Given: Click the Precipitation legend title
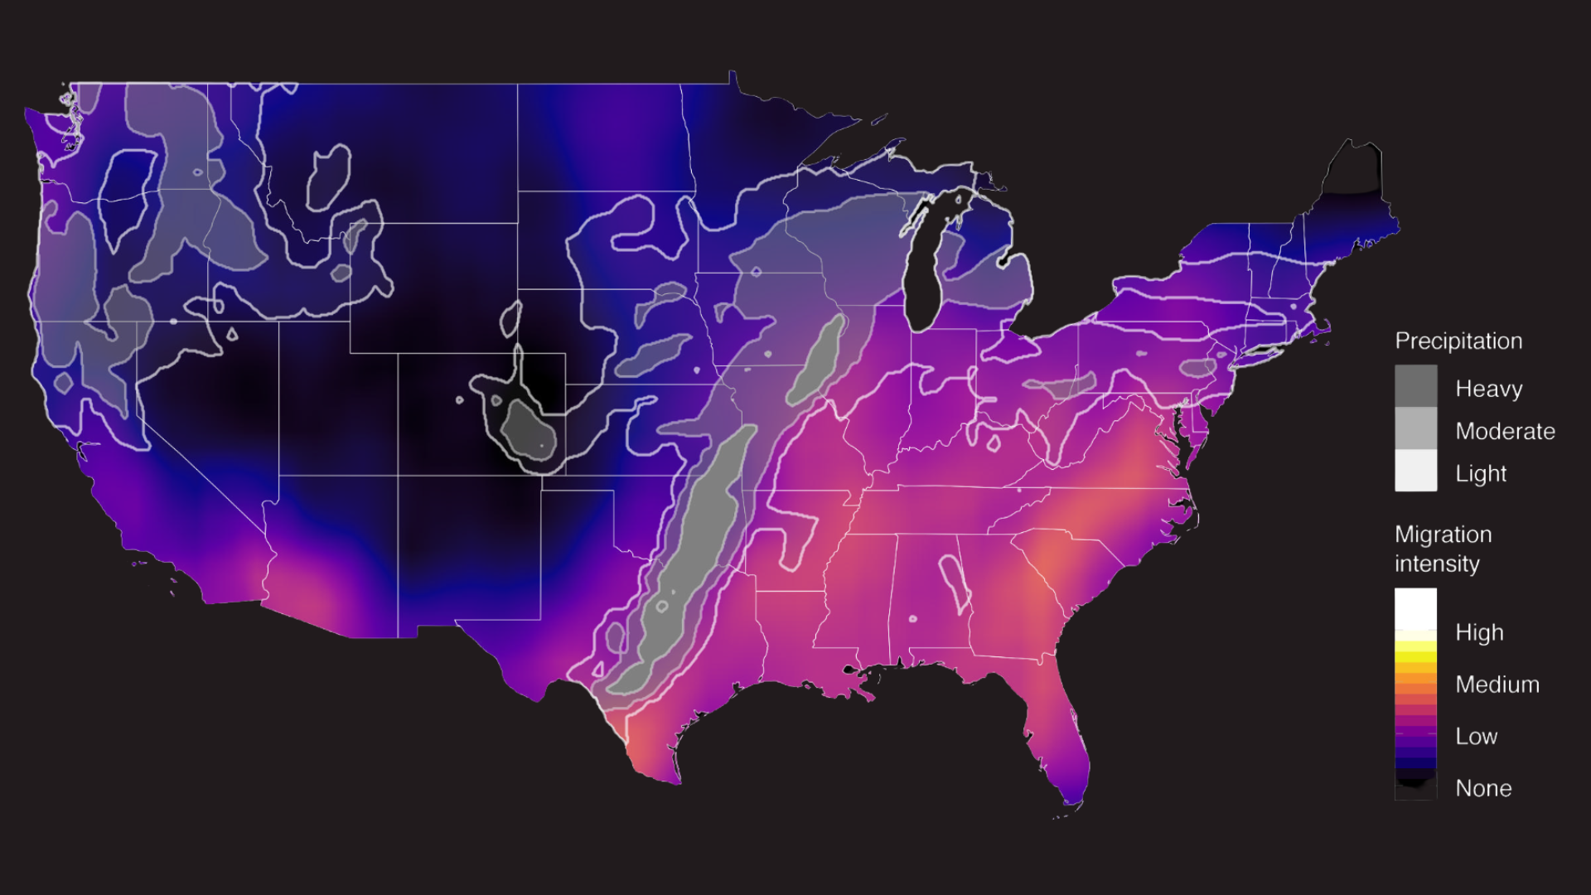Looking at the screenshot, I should tap(1458, 341).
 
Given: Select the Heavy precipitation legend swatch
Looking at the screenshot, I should tap(1415, 386).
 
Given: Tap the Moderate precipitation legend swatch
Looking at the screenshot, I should tap(1415, 428).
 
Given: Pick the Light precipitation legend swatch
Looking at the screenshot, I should tap(1415, 471).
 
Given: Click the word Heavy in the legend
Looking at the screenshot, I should tap(1489, 389).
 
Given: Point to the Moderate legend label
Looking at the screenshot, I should tap(1505, 431).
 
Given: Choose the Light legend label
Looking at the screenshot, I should tap(1481, 473).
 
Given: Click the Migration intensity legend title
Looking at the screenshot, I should tap(1443, 549).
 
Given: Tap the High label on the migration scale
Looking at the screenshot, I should tap(1479, 632).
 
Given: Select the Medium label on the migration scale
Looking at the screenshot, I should tap(1497, 685).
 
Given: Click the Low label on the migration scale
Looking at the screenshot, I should tap(1476, 736).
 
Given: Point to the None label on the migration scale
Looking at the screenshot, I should tap(1483, 788).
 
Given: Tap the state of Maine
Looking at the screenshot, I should tap(1351, 195).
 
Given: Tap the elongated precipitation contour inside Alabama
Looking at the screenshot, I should tap(954, 580).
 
